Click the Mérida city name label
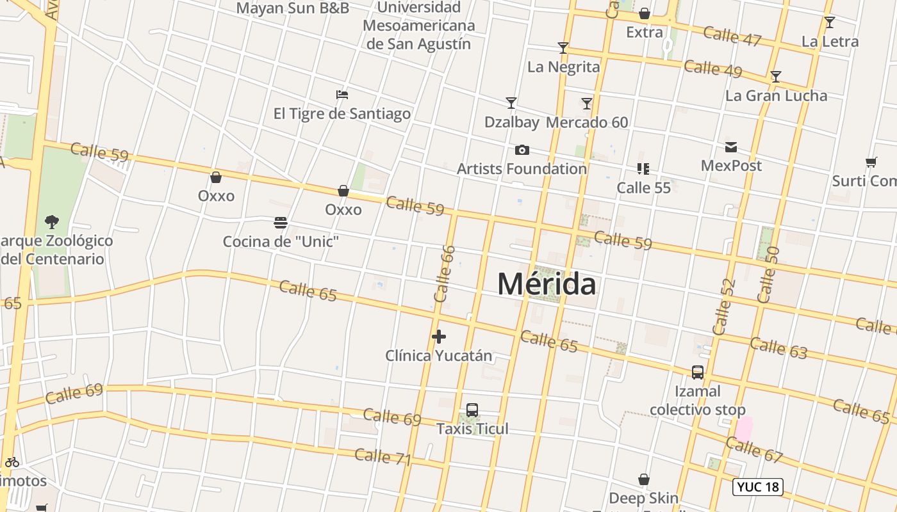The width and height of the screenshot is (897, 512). coord(547,284)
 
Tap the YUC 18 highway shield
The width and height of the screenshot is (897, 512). coord(758,486)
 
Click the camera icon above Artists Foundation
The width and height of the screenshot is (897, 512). coord(522,150)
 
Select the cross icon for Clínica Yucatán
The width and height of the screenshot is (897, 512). coord(439,337)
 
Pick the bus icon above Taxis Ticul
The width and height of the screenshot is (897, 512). coord(472,410)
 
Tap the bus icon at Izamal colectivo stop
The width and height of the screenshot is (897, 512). coord(698,372)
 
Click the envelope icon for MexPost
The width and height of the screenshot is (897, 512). coord(731,147)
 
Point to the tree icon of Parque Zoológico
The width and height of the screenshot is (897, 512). coord(52,222)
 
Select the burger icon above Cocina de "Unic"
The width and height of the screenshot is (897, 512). coord(281,223)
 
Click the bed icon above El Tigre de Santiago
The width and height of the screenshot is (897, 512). coord(342,95)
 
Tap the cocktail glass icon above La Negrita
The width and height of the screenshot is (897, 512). coord(563,48)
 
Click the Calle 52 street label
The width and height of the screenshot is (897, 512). coord(723,307)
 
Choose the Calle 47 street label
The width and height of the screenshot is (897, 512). coord(732,36)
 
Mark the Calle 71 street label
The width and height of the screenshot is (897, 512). coord(383,457)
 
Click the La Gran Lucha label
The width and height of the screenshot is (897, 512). coord(776,96)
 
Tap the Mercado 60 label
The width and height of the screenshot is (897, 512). coord(587,122)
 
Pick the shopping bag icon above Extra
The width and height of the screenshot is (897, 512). coord(645,13)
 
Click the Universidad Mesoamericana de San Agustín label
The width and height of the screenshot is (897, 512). coord(419,26)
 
